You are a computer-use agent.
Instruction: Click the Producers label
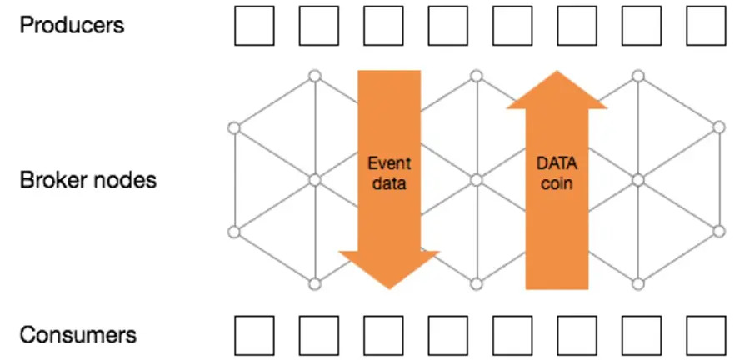coord(72,25)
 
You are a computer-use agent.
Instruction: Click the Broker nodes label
coord(87,179)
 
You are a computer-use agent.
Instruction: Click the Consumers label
coord(77,335)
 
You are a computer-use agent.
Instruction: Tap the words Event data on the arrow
coord(388,172)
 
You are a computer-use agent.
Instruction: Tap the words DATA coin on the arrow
coord(557,172)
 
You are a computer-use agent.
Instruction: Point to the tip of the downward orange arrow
coord(389,288)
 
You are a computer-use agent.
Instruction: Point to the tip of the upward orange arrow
coord(557,72)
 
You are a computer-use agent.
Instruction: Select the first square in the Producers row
coord(253,26)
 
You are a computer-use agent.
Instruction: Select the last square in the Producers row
coord(706,26)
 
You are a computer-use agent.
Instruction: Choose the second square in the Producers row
coord(317,26)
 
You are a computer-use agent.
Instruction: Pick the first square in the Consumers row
coord(253,336)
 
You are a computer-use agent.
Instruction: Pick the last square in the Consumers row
coord(706,336)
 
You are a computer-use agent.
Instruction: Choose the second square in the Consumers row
coord(317,336)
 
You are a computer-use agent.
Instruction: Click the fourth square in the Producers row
coord(447,26)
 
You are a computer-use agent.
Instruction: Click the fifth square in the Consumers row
coord(512,336)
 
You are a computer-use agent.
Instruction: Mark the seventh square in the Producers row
coord(642,26)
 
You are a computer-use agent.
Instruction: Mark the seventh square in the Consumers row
coord(642,336)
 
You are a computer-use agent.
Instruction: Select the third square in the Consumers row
coord(382,336)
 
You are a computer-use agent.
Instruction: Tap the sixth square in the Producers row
coord(577,26)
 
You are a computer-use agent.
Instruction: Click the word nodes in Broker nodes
coord(123,179)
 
